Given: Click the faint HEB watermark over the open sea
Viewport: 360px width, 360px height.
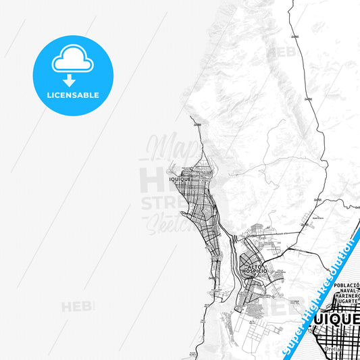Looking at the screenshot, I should [x=78, y=307].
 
